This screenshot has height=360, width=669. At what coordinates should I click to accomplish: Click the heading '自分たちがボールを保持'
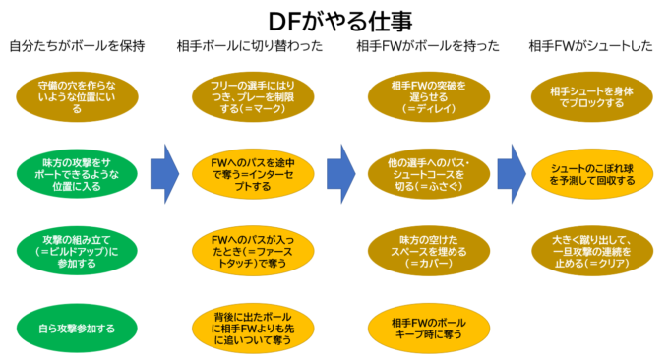(76, 46)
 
